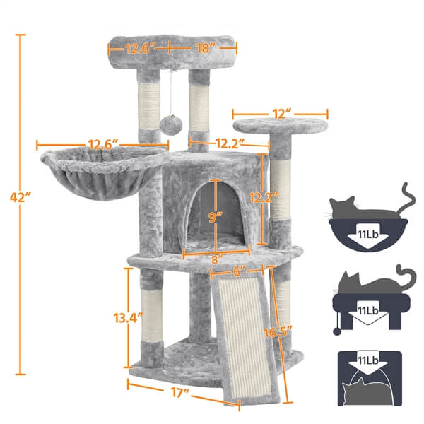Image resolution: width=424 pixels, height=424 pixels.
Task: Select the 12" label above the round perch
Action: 280,112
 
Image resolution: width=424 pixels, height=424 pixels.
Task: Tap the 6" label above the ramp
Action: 241,271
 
